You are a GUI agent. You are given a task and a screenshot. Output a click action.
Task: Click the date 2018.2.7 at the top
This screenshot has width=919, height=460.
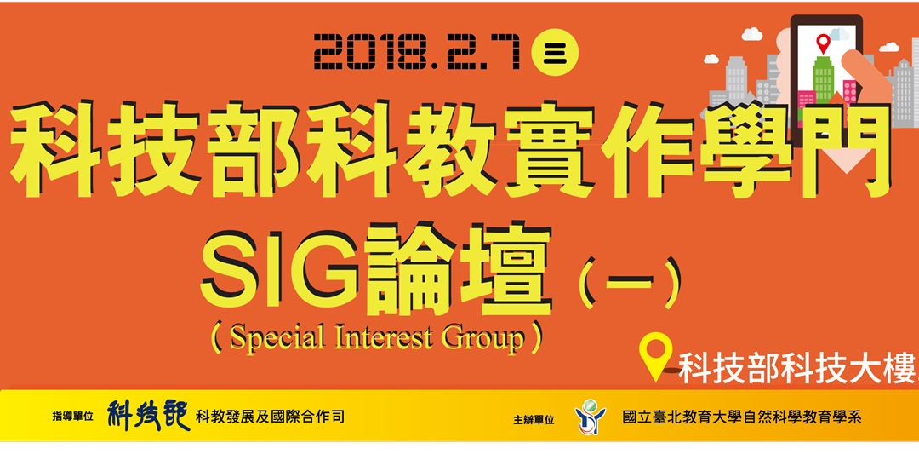click(x=418, y=53)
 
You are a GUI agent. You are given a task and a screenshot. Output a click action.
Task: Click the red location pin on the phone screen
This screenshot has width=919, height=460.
click(x=823, y=43)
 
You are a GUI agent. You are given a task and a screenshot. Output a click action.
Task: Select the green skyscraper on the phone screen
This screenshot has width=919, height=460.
click(x=823, y=79)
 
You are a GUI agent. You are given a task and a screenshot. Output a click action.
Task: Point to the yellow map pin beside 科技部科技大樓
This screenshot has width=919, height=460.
click(x=657, y=359)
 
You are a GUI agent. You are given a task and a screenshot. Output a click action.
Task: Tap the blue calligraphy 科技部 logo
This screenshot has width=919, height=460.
click(x=148, y=416)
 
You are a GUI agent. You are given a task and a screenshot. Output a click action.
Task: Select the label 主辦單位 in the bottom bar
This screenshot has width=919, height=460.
click(x=534, y=420)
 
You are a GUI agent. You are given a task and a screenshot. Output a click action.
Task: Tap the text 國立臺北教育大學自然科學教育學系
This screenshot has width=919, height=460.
click(x=742, y=417)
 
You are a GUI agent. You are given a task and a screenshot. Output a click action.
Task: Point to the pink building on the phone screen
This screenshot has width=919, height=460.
click(x=848, y=90)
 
